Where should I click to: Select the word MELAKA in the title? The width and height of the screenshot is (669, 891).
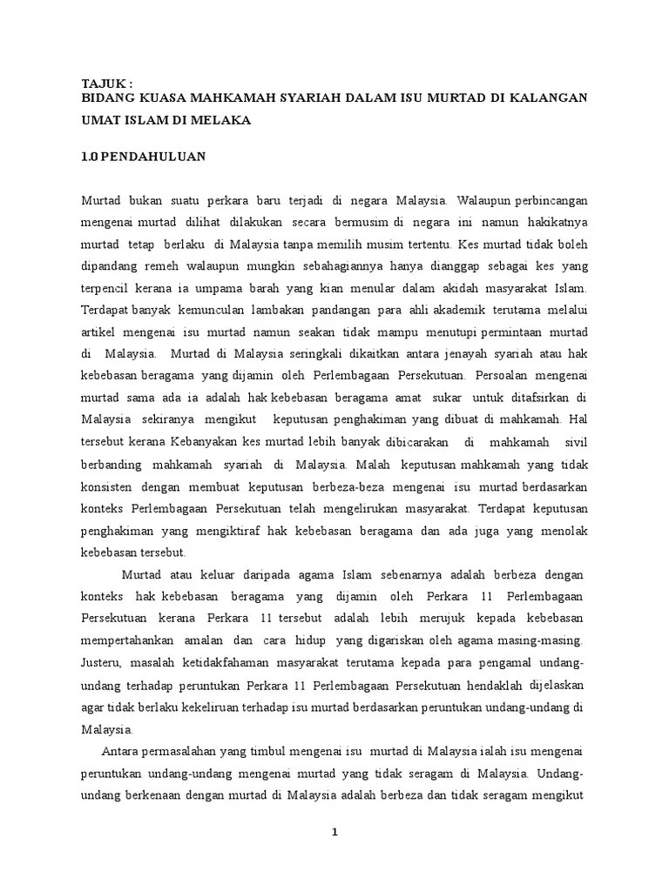pos(220,120)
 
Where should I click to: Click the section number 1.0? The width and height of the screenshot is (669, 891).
pos(90,157)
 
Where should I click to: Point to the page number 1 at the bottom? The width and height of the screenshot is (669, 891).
pos(334,831)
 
